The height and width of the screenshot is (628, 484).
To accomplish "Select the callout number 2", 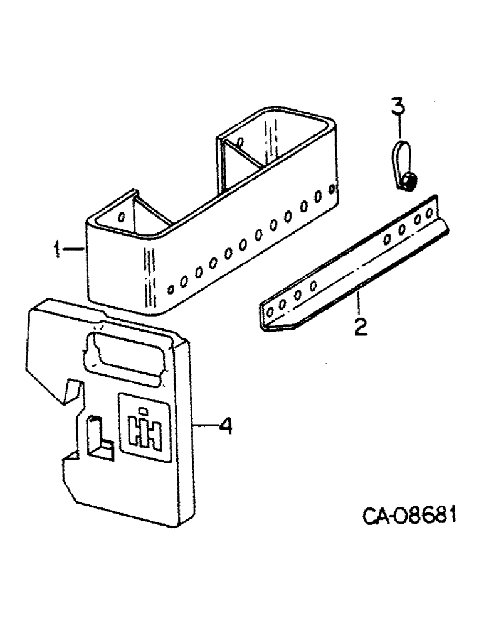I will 359,327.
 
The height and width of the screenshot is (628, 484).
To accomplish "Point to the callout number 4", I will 226,427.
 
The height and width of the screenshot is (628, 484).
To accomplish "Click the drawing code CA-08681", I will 409,518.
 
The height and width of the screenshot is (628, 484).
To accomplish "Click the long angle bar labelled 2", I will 351,264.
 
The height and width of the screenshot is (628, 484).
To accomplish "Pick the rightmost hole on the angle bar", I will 430,213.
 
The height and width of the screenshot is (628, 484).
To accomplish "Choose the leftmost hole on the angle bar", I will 270,311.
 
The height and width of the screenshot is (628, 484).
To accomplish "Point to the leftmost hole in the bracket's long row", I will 170,290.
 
